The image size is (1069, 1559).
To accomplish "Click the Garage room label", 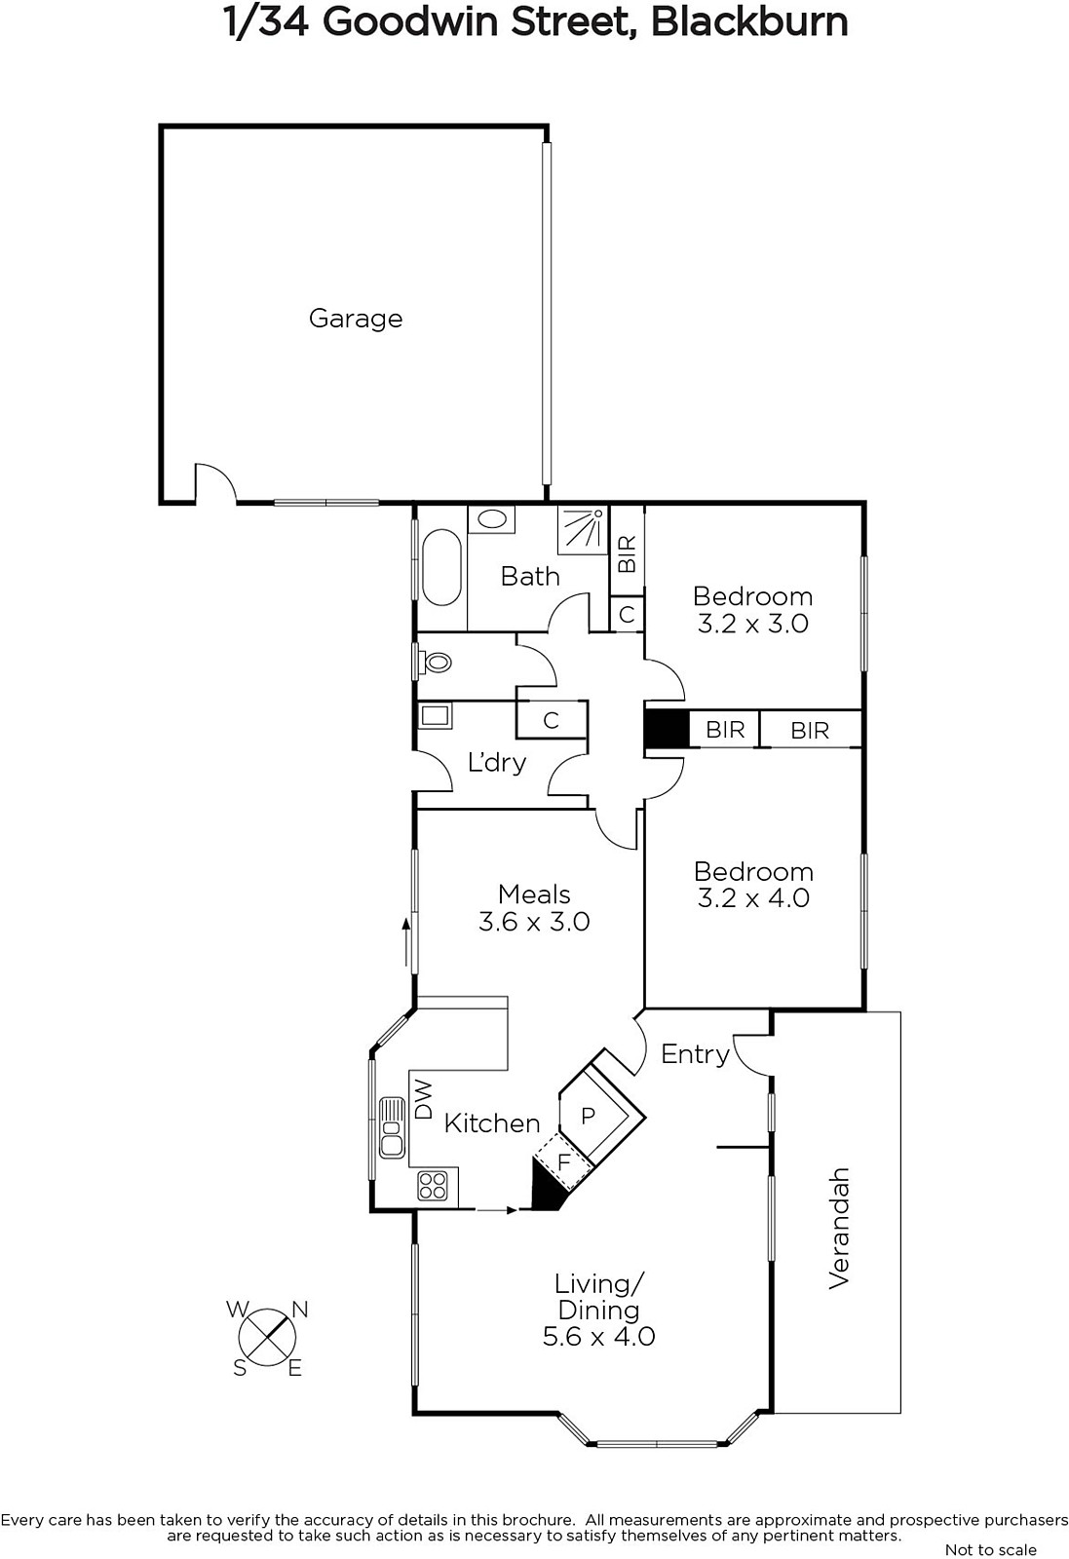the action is point(356,319).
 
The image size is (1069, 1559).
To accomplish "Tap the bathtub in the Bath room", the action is point(441,568).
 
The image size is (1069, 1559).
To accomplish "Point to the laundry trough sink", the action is point(436,715).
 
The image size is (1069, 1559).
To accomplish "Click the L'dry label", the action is point(496,763).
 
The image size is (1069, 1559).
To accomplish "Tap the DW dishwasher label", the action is point(423,1099).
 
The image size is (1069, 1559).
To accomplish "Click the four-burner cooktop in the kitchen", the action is point(433,1185).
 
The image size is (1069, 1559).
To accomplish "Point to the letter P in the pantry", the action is point(588,1116).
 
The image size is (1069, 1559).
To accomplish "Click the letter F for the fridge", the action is point(564,1161).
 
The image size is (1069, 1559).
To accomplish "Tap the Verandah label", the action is point(839,1228).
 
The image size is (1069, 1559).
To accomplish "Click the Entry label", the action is point(695,1054).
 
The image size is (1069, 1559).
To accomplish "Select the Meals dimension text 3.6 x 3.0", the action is point(534,922).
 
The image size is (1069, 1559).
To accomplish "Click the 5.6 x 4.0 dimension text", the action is point(598,1336).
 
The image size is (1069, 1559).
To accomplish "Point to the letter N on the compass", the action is point(300,1310).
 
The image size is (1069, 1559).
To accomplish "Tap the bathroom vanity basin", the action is point(492,519).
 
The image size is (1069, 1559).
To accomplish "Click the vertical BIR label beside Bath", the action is point(627,553).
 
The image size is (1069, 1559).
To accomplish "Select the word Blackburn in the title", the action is point(749,22).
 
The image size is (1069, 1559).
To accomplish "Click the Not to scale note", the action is point(991,1549).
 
